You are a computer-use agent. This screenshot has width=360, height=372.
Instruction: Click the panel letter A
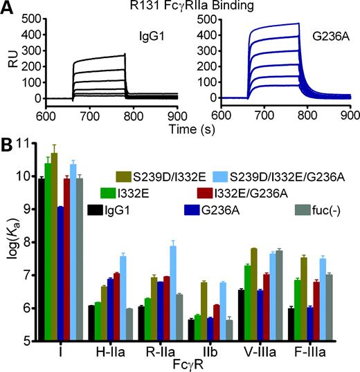pos(7,8)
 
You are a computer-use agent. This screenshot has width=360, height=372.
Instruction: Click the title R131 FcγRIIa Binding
pos(181,6)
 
